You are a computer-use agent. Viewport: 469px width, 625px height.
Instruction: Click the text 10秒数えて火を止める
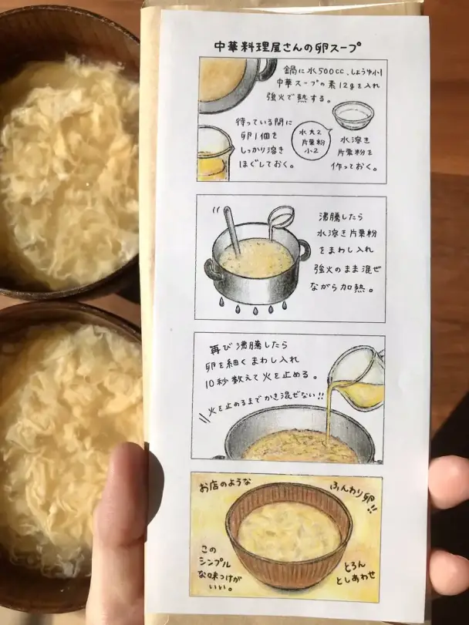coord(266,375)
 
